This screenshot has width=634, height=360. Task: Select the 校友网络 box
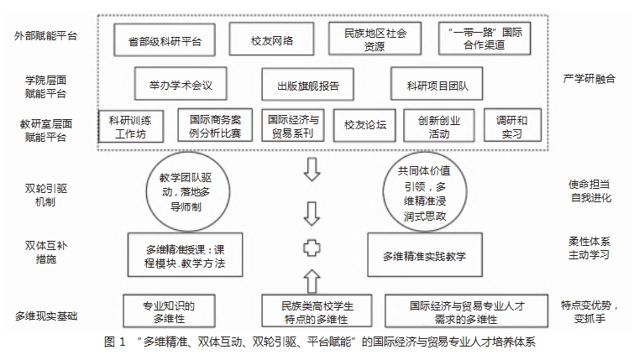coord(270,39)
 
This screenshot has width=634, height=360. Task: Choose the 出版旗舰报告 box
coord(307,84)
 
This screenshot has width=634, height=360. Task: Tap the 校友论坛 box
coord(364,126)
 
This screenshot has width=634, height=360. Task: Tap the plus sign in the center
coord(312,249)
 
